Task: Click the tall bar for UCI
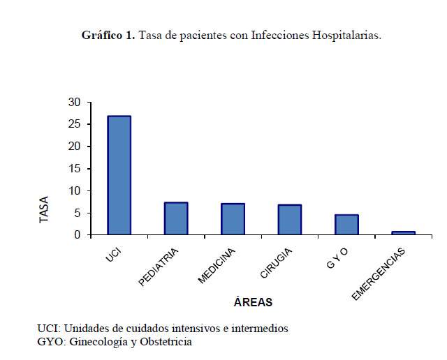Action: click(119, 175)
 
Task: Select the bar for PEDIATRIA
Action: click(176, 218)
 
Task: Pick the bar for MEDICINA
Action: click(233, 219)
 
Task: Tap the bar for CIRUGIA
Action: click(290, 220)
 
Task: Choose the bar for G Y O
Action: click(346, 225)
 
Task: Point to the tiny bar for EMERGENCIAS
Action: click(404, 233)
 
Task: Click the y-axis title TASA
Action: click(44, 209)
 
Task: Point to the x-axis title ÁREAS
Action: click(253, 303)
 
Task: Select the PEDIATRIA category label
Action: click(159, 267)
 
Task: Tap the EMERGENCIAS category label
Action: click(378, 275)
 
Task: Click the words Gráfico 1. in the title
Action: click(108, 35)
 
